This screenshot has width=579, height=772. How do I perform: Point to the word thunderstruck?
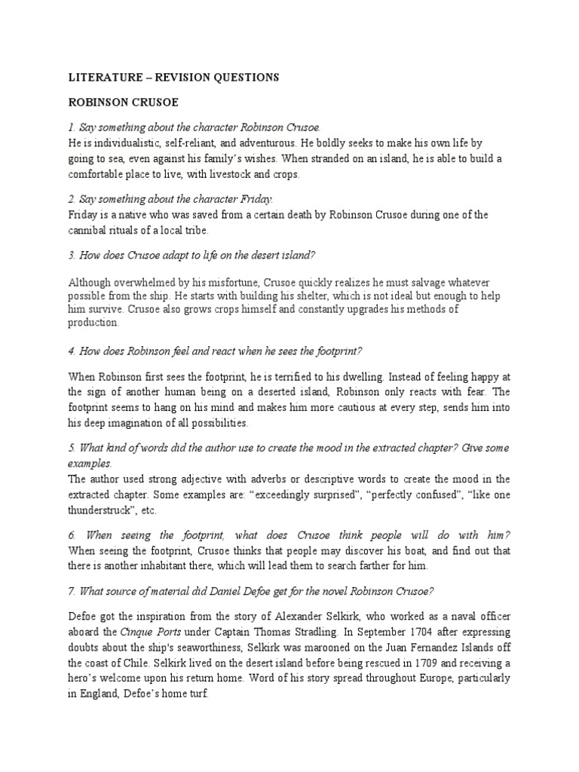pyautogui.click(x=106, y=510)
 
